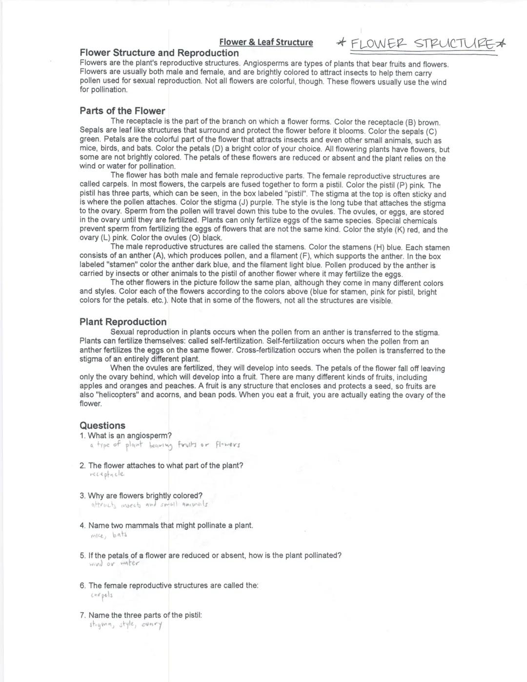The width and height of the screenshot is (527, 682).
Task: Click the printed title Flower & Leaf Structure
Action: (266, 42)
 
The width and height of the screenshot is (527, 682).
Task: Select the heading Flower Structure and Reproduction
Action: (159, 53)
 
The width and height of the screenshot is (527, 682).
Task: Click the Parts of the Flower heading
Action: (122, 111)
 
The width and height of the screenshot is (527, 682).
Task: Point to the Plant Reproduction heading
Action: (123, 322)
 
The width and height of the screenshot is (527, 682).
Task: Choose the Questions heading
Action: (102, 425)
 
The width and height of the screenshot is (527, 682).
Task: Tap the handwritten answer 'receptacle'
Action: (107, 474)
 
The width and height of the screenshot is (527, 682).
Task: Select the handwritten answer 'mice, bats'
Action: (109, 535)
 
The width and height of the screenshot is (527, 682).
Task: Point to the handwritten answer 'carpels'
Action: (101, 595)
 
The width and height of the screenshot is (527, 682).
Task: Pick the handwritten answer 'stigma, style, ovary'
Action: (125, 625)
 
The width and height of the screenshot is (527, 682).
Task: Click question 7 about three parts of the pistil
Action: (141, 615)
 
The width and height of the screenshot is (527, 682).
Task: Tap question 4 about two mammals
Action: (167, 525)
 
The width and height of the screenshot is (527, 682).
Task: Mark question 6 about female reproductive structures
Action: (169, 585)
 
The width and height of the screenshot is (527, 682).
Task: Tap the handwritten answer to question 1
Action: (165, 445)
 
